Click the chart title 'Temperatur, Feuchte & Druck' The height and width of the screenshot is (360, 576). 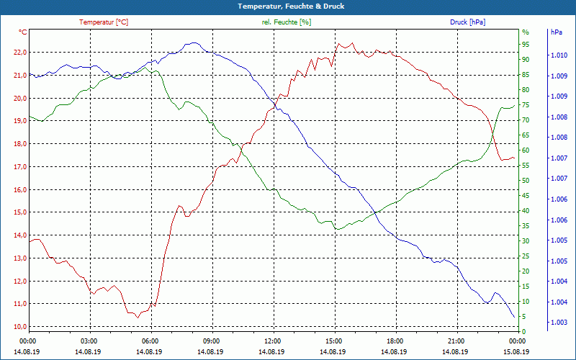tap(288, 6)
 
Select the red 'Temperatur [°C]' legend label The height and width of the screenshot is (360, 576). tap(104, 22)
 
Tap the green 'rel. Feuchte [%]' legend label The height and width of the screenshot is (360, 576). tap(287, 22)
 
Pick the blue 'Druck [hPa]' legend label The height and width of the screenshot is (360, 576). tap(467, 22)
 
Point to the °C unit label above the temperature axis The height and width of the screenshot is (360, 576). tap(23, 32)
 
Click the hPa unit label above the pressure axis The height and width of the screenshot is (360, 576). tap(557, 32)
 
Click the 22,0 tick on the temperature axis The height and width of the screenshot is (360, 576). tap(19, 53)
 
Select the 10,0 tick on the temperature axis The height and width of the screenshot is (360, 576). tap(19, 327)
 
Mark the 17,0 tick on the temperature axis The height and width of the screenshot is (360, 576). tap(19, 167)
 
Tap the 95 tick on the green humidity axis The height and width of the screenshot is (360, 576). tap(525, 44)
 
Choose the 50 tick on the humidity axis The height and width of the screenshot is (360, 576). tap(525, 181)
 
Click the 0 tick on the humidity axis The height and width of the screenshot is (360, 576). tap(523, 331)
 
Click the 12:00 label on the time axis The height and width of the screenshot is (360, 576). tap(273, 341)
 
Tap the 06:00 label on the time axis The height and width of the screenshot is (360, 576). tap(150, 341)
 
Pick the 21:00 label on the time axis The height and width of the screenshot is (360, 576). tap(456, 341)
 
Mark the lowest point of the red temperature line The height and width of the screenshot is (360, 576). tap(137, 318)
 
